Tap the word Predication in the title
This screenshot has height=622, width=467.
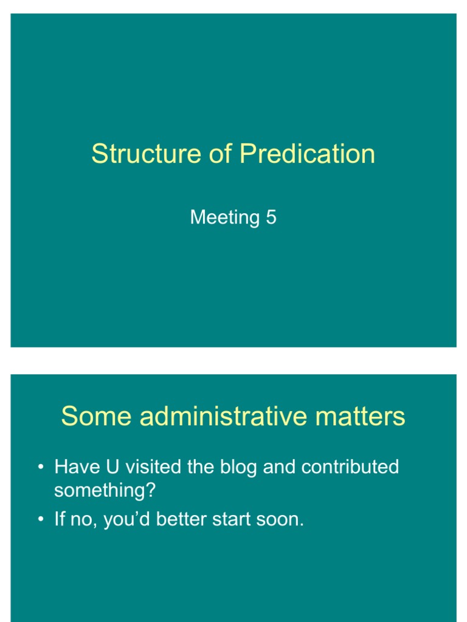(307, 154)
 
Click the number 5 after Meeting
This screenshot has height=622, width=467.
(271, 217)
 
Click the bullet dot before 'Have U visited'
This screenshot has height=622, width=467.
(40, 468)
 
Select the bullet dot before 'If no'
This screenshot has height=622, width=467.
(40, 521)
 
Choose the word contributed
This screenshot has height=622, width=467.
(350, 467)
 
